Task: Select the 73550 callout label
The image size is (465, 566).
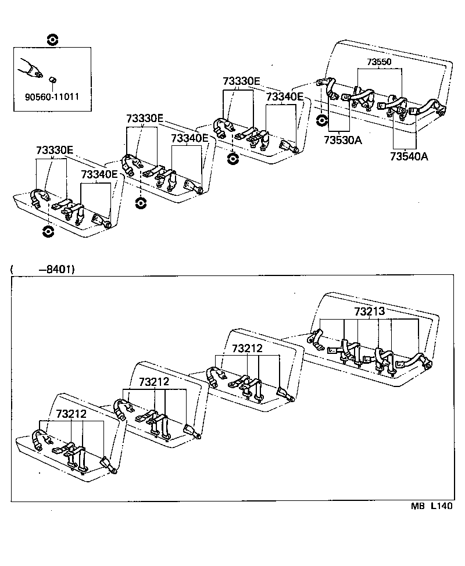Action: pos(380,62)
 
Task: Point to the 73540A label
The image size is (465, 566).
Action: pos(409,156)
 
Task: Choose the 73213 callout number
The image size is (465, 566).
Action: pos(370,312)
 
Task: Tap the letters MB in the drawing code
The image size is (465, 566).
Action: pos(418,506)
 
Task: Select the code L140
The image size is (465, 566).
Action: pos(441,506)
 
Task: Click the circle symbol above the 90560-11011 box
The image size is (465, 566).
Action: pos(52,40)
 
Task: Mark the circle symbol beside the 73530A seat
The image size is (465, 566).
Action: pos(321,121)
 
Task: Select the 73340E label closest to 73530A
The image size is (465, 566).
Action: pos(285,96)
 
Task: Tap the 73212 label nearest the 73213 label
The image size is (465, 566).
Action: pos(248,349)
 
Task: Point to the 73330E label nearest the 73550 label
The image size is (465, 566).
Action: pos(241,81)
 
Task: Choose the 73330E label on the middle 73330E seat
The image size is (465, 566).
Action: pos(145,119)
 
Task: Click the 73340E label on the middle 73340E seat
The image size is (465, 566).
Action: pos(189,138)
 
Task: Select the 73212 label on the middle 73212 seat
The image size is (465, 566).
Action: pos(155,381)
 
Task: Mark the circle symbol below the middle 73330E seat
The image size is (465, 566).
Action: pos(139,203)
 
